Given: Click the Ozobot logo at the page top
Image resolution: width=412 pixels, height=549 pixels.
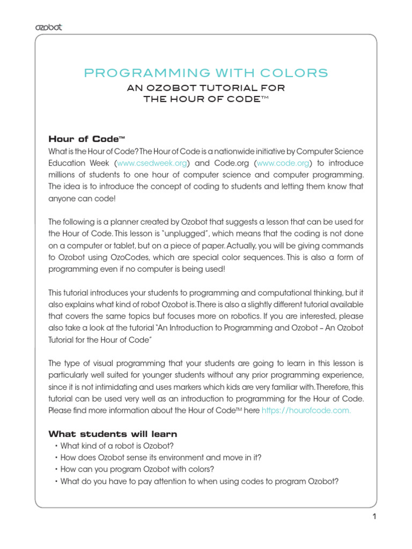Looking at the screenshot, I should click(x=48, y=27).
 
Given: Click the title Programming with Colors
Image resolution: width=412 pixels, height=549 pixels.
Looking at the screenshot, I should click(x=206, y=73).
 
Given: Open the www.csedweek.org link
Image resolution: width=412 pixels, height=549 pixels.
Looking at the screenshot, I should click(x=151, y=163).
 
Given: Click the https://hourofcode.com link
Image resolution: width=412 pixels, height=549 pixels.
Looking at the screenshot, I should click(x=306, y=410).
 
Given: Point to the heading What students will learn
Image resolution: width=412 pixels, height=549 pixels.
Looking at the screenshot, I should click(x=113, y=434).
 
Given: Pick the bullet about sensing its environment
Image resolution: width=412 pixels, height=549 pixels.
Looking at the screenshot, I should click(x=161, y=457).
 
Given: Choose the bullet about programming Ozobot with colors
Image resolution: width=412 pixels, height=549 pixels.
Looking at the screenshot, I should click(x=137, y=469).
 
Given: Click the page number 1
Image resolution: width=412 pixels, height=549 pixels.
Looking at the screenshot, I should click(x=374, y=517).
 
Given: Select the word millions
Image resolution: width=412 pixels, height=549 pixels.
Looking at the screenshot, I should click(x=64, y=175).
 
